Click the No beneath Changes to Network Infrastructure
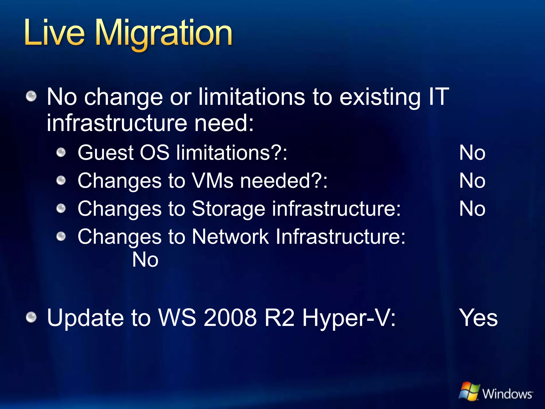(x=145, y=260)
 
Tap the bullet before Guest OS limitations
(x=61, y=153)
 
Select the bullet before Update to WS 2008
(x=31, y=317)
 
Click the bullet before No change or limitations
(x=31, y=96)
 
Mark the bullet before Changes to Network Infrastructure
(x=61, y=236)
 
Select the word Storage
(x=229, y=209)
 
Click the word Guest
(x=105, y=153)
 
